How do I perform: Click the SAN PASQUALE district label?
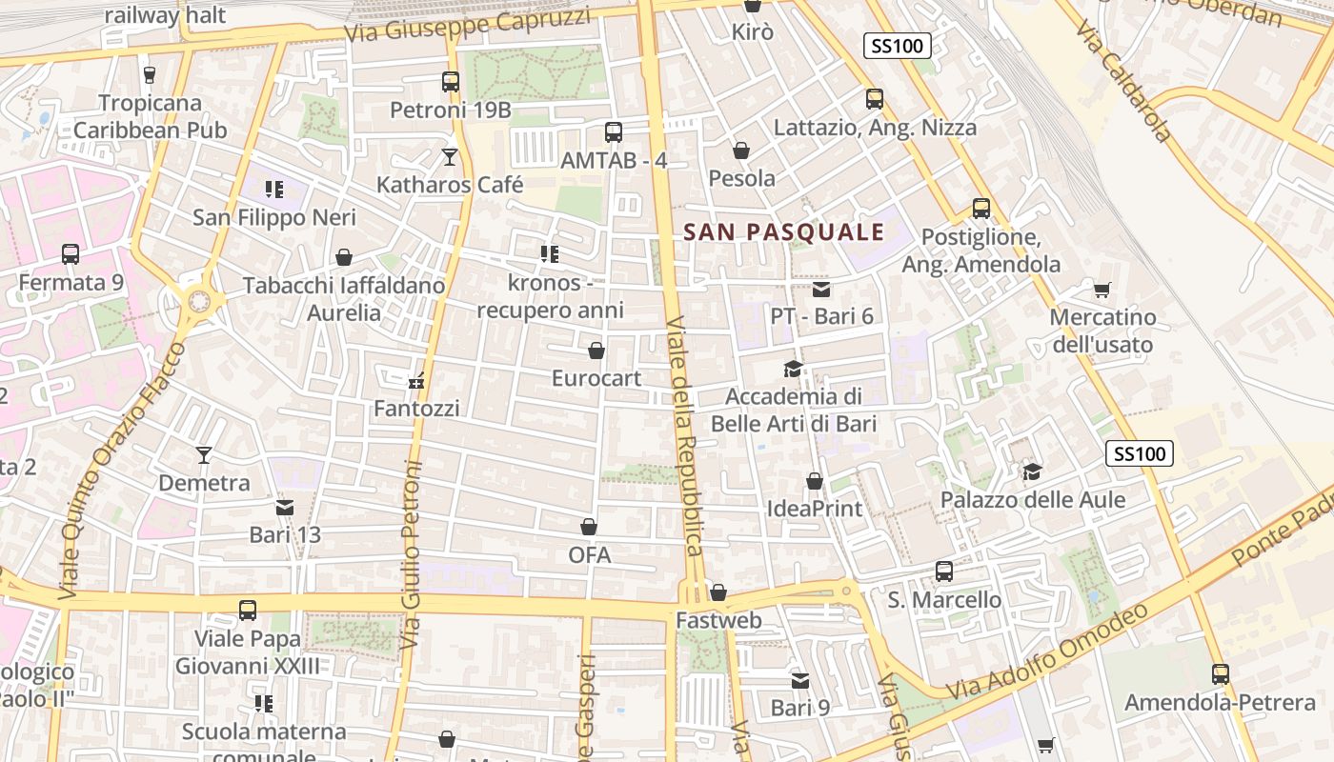(784, 231)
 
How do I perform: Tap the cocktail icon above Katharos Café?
(450, 156)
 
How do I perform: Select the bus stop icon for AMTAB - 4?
(614, 132)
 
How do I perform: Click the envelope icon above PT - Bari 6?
(821, 289)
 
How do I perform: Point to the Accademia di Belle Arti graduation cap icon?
(793, 369)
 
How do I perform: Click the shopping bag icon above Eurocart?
(596, 351)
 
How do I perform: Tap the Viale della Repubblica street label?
(685, 435)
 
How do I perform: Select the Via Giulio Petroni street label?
(412, 555)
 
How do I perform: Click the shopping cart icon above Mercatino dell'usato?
(1102, 290)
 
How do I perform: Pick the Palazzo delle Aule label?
(1032, 500)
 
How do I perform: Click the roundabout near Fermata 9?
(199, 302)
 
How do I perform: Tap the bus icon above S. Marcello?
(944, 571)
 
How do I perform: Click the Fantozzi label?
(416, 409)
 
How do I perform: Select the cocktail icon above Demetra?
(204, 455)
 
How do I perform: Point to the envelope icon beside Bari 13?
(285, 508)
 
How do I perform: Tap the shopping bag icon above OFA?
(589, 527)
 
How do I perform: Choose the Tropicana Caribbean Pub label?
(150, 116)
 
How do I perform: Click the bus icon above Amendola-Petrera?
(1221, 674)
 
